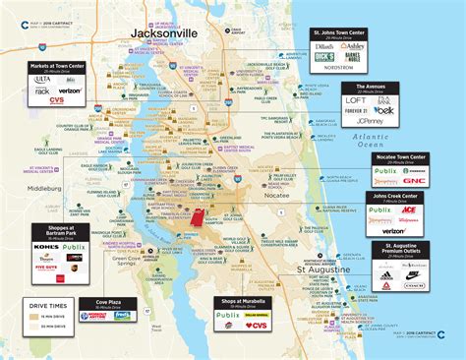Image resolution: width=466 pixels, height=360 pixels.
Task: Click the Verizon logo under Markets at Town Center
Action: coord(71,90)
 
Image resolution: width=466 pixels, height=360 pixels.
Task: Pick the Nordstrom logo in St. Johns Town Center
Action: coord(339,69)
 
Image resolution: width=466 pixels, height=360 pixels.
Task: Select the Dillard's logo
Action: coord(324,45)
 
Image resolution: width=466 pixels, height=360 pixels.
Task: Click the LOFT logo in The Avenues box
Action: coord(356,100)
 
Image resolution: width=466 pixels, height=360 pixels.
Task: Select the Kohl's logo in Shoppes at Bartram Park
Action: coord(41,246)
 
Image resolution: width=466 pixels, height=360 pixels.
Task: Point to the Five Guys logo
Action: coord(45,266)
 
